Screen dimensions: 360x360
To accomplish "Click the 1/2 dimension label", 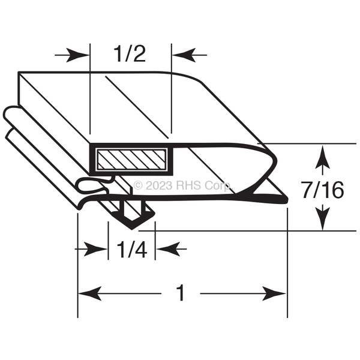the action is point(130,54).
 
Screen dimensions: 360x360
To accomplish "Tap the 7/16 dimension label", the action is point(323,190).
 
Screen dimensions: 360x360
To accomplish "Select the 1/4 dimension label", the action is point(132,250).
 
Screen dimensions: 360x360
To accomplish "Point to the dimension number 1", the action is point(181,293).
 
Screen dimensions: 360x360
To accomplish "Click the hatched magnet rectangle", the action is point(132,160).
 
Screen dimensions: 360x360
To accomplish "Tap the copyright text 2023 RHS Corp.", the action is point(183,185).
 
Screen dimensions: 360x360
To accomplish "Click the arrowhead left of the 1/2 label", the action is point(77,55).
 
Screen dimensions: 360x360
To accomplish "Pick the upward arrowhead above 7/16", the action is point(323,157).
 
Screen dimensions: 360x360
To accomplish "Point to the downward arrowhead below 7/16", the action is point(323,218).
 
